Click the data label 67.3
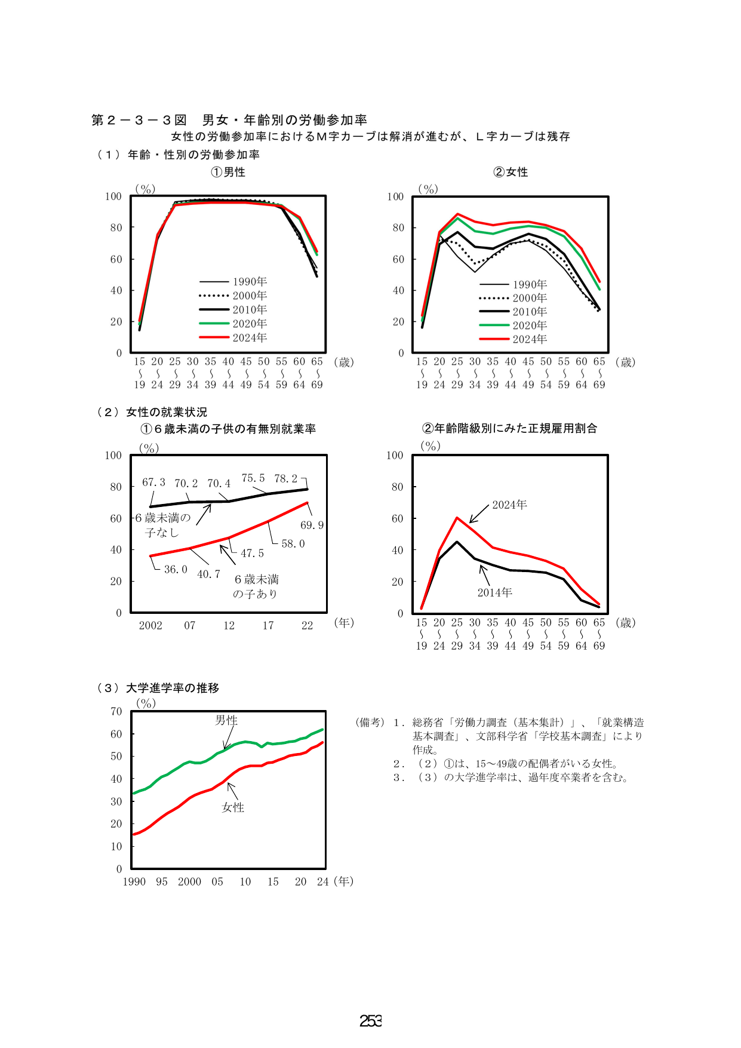(153, 482)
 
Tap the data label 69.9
(312, 525)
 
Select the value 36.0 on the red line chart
(176, 570)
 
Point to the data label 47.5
(252, 554)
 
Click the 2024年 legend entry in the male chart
(233, 338)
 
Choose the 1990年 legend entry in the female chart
(513, 284)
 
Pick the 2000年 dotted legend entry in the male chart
(233, 296)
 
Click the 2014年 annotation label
(495, 592)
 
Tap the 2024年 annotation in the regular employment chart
(509, 505)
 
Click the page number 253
(371, 1021)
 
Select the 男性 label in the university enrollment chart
(226, 721)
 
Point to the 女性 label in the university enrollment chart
(233, 807)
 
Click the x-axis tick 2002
(150, 626)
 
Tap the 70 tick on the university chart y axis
(116, 711)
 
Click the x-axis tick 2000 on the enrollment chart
(189, 882)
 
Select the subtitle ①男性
(228, 172)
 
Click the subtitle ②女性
(511, 172)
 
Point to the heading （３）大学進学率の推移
(158, 688)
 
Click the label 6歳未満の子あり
(256, 586)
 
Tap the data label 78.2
(285, 479)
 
